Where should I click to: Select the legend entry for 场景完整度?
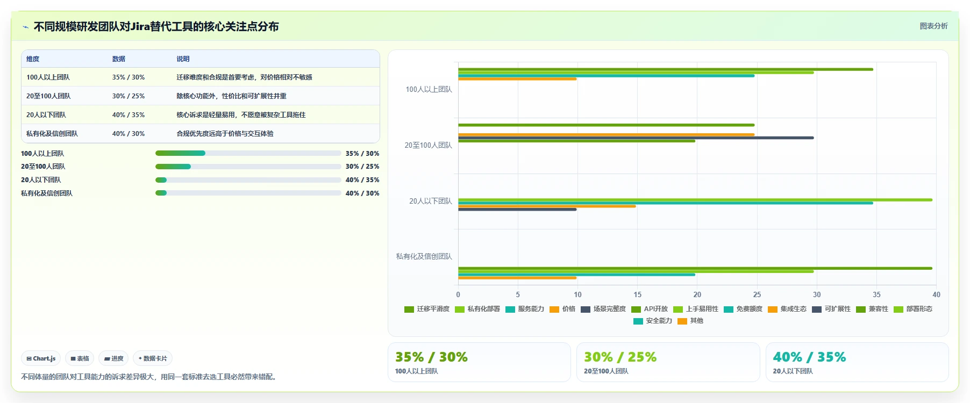pyautogui.click(x=603, y=309)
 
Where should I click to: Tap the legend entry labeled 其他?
pyautogui.click(x=690, y=321)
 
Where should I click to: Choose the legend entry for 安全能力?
pyautogui.click(x=653, y=321)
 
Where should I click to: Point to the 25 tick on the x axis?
pyautogui.click(x=757, y=294)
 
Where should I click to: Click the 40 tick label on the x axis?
pyautogui.click(x=936, y=294)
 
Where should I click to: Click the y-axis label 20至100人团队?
pyautogui.click(x=429, y=145)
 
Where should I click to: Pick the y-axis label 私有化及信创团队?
pyautogui.click(x=424, y=256)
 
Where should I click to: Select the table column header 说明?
pyautogui.click(x=183, y=59)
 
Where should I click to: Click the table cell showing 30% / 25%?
pyautogui.click(x=129, y=96)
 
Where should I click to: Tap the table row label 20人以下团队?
pyautogui.click(x=46, y=115)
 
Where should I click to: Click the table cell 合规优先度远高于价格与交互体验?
pyautogui.click(x=225, y=134)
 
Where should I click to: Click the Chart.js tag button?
pyautogui.click(x=41, y=358)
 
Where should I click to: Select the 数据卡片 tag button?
pyautogui.click(x=153, y=358)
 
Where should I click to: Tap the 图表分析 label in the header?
pyautogui.click(x=933, y=26)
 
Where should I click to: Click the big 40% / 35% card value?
pyautogui.click(x=809, y=357)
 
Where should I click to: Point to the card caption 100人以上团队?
pyautogui.click(x=417, y=371)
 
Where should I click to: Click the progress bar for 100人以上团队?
pyautogui.click(x=248, y=153)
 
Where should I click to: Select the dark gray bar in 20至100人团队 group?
pyautogui.click(x=636, y=138)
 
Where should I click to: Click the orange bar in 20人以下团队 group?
pyautogui.click(x=547, y=206)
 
